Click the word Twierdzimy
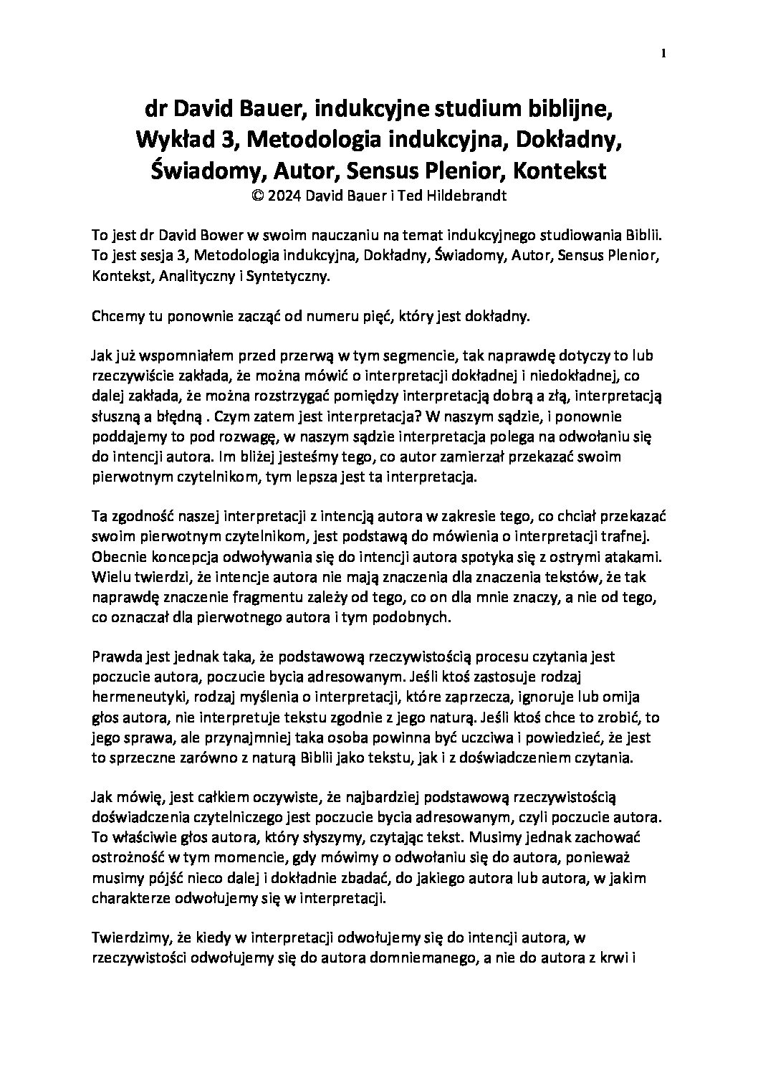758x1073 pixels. (128, 936)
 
